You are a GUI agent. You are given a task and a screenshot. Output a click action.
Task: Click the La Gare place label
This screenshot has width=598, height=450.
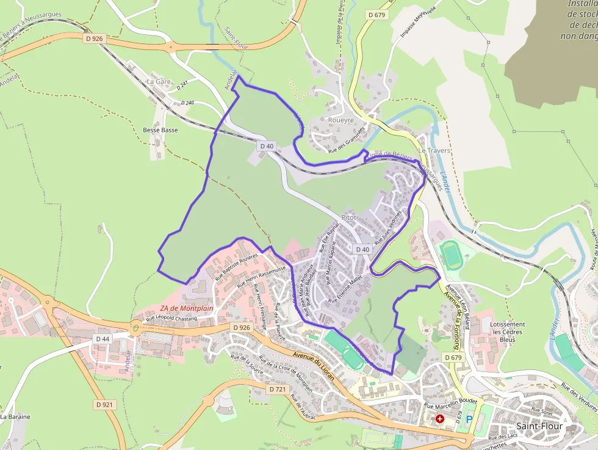(159, 81)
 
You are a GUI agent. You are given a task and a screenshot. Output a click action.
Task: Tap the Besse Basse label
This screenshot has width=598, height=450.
(160, 130)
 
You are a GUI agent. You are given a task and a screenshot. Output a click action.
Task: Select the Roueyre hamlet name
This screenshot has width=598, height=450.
(340, 120)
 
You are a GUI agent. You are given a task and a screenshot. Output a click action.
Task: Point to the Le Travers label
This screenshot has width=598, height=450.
(434, 150)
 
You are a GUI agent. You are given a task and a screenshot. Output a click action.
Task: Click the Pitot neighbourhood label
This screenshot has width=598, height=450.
(349, 217)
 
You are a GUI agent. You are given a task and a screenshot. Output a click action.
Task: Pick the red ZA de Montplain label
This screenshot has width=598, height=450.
(187, 308)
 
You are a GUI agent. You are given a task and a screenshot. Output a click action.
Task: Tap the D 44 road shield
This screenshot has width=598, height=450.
(103, 338)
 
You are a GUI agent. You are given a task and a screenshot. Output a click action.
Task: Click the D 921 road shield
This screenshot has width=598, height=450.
(105, 404)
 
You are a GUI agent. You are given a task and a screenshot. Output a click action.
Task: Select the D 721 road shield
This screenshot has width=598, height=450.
(277, 388)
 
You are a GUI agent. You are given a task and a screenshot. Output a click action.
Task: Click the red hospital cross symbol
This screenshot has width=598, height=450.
(439, 419)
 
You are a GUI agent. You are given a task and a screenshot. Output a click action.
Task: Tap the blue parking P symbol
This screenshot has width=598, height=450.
(469, 419)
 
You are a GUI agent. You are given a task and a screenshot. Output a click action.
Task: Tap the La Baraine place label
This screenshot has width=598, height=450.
(11, 416)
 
